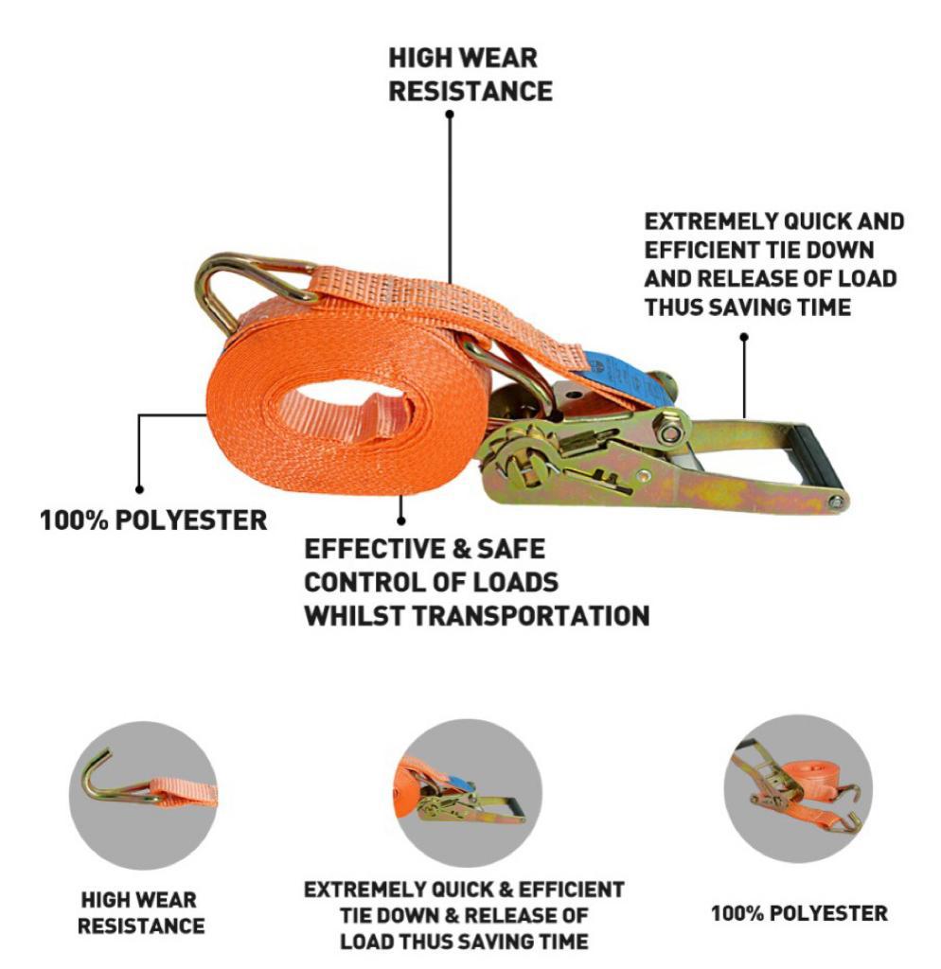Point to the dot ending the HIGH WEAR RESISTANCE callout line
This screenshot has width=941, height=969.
click(450, 115)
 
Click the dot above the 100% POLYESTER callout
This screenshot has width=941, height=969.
click(139, 489)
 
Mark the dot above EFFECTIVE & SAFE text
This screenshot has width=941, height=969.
click(401, 521)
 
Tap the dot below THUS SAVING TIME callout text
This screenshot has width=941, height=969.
click(744, 337)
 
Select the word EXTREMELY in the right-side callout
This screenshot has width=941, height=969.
click(710, 221)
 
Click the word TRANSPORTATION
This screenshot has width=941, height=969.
click(530, 615)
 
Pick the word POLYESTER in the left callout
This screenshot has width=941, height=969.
click(191, 520)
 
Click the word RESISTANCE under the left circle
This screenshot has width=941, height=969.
click(141, 925)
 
